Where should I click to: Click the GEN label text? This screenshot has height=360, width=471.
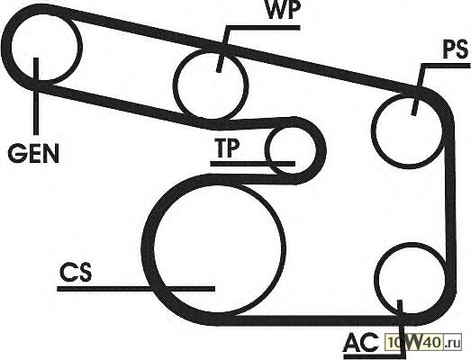(x=33, y=153)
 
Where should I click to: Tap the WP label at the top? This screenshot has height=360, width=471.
(x=283, y=11)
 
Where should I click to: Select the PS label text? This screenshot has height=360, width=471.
(x=456, y=49)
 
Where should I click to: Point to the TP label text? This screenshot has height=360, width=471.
(x=227, y=148)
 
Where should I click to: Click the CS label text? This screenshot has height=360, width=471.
(x=76, y=273)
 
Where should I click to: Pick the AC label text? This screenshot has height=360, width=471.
(x=361, y=342)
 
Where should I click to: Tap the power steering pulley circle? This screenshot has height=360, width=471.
(x=373, y=130)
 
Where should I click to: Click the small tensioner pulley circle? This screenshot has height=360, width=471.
(x=267, y=150)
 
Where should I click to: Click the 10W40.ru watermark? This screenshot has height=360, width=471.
(x=423, y=342)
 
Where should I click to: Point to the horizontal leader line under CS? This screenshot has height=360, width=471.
(x=136, y=289)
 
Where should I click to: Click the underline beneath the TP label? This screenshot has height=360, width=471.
(x=253, y=164)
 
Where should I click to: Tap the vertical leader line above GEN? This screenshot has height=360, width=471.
(x=36, y=96)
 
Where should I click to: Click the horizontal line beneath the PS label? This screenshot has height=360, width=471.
(x=446, y=66)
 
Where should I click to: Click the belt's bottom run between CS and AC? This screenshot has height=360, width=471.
(x=312, y=320)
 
